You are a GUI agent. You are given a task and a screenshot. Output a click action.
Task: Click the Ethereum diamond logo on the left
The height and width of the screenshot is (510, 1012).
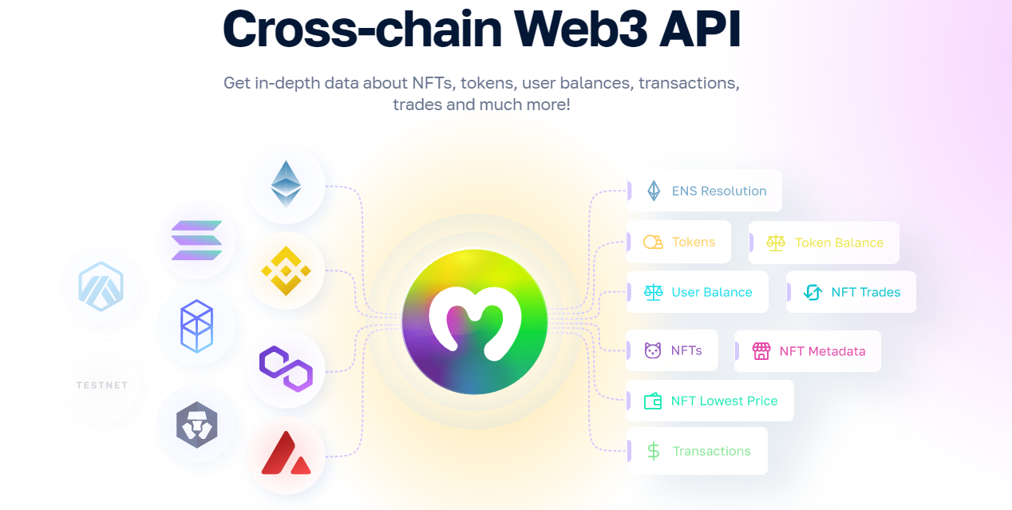point(286,184)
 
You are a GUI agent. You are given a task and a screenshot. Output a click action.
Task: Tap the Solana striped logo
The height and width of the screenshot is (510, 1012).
point(196,240)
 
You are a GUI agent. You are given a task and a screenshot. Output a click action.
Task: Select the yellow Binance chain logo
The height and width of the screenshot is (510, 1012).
point(286,271)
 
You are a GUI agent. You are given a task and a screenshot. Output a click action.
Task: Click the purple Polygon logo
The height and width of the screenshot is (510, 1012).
point(286,369)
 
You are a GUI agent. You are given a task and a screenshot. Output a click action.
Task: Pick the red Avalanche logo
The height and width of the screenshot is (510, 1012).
point(286,454)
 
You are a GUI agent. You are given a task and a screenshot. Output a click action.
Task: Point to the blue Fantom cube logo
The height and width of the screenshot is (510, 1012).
point(196,326)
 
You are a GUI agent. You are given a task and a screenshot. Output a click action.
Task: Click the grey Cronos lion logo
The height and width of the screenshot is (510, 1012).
point(196,425)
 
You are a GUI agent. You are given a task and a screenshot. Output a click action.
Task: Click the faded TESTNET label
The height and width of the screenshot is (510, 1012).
point(101,385)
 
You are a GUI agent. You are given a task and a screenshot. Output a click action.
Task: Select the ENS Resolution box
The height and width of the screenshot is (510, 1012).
point(705,191)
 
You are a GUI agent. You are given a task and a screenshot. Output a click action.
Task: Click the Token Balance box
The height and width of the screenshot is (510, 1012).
point(824,243)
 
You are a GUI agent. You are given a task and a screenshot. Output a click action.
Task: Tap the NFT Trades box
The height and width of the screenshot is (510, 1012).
point(852,292)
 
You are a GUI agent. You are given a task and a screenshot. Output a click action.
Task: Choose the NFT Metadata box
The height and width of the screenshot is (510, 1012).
point(808,351)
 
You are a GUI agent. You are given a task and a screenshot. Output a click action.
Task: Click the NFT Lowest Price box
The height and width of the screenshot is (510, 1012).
point(710,401)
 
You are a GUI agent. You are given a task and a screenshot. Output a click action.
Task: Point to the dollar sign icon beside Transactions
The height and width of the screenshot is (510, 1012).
point(654,451)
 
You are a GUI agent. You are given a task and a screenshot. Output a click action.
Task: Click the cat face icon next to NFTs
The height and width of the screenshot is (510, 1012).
point(653,350)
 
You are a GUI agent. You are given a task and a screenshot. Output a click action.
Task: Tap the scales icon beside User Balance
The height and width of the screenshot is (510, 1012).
point(654,292)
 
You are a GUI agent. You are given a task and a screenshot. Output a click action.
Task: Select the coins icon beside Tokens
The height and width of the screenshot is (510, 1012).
point(654,242)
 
